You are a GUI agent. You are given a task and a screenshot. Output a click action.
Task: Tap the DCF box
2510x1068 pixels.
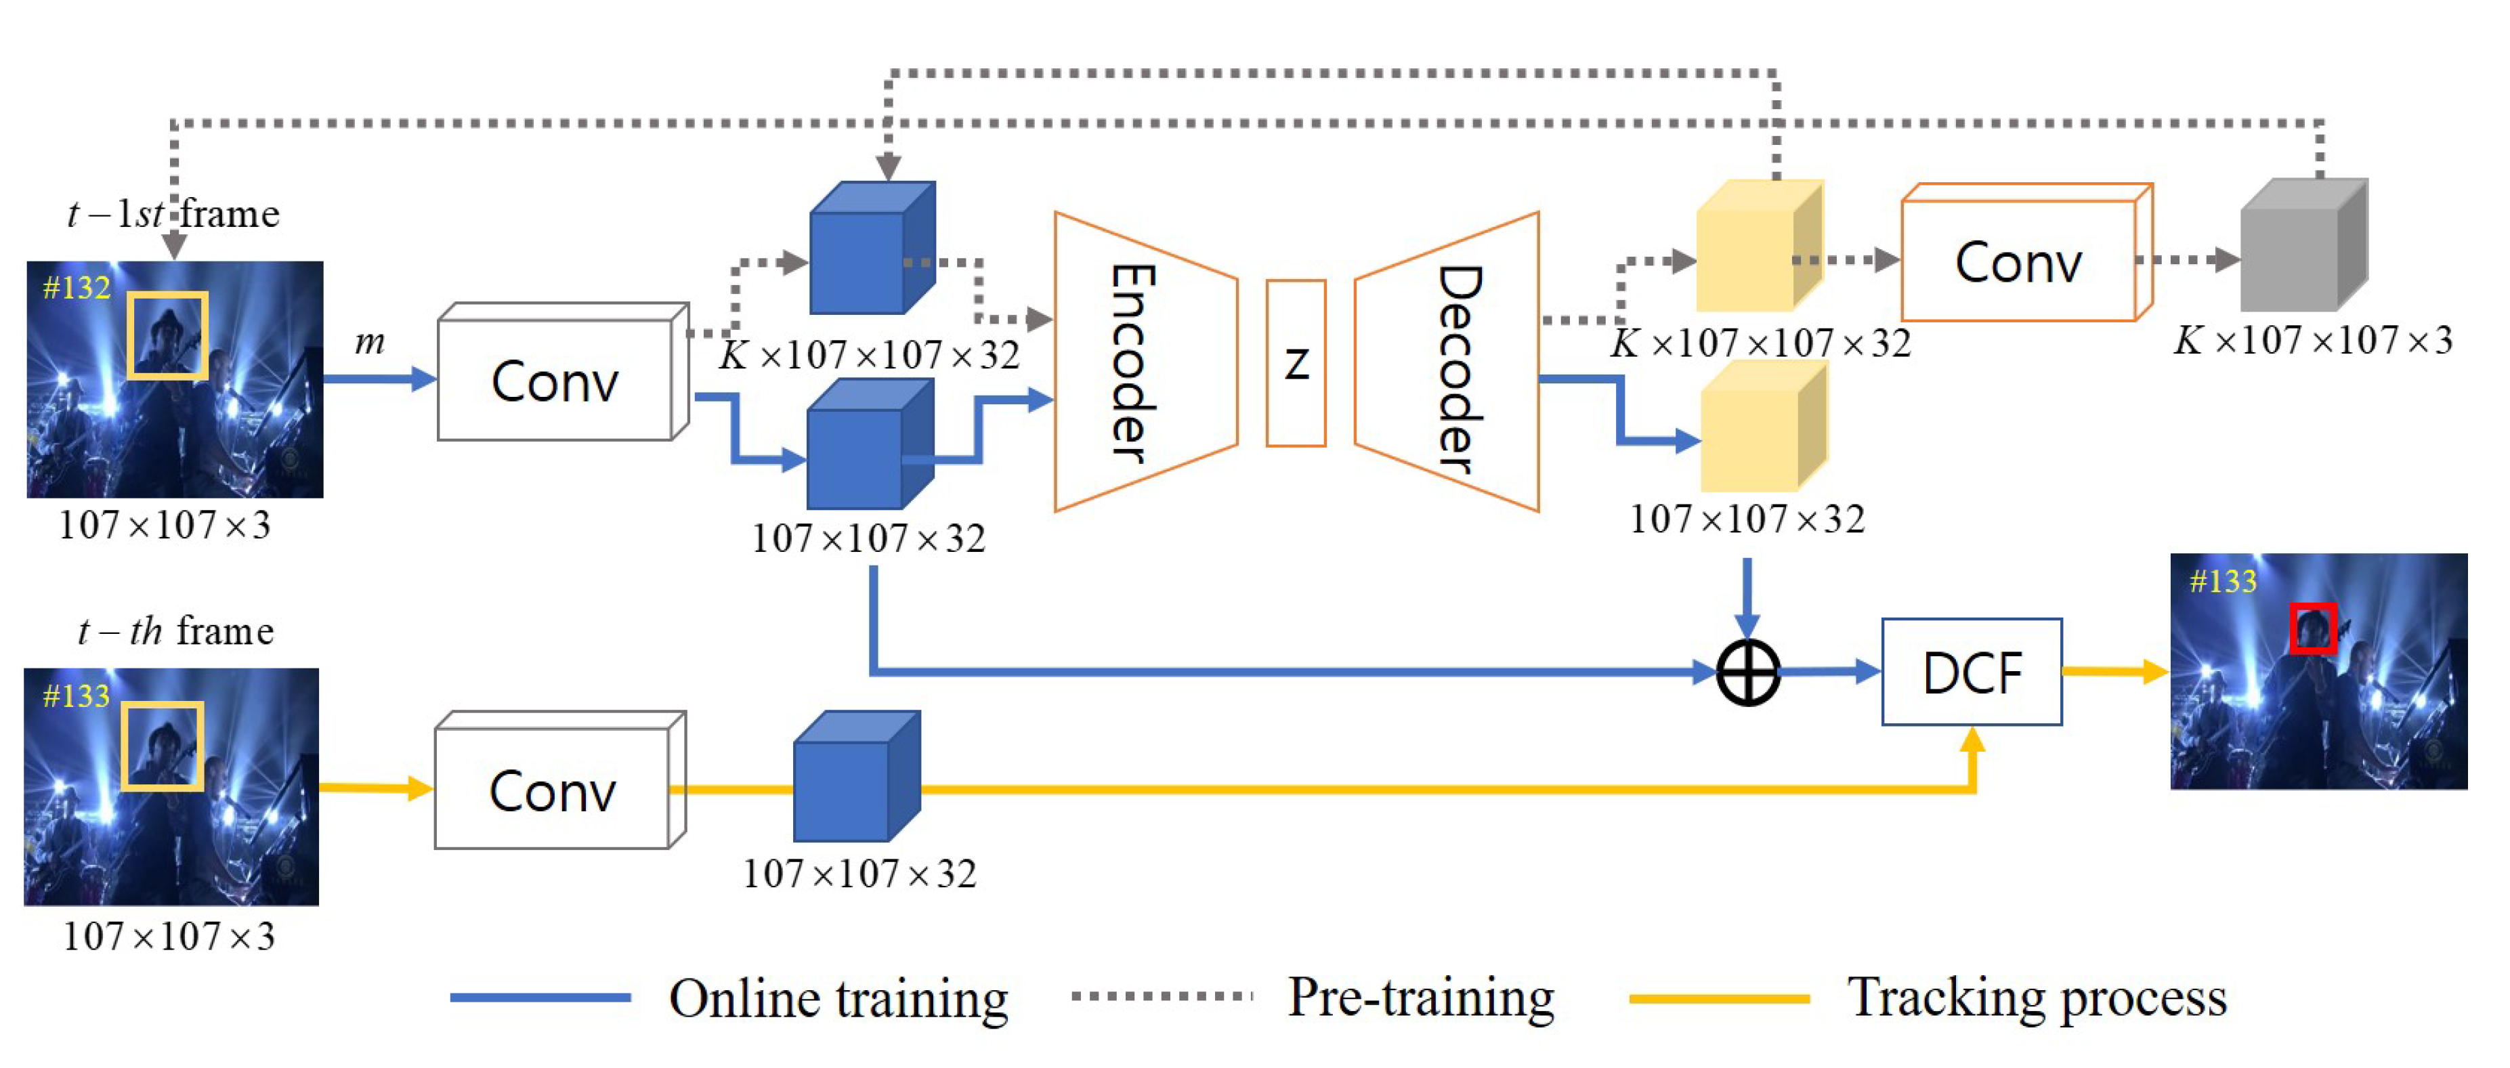(x=1971, y=672)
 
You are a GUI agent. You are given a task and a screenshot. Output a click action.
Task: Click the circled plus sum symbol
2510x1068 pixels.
(x=1747, y=672)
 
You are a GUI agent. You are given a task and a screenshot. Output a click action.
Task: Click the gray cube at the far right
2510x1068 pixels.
(x=2299, y=249)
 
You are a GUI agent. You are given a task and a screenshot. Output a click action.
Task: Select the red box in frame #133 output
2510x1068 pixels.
(x=2312, y=628)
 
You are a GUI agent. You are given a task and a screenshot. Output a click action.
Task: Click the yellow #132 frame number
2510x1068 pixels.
(x=76, y=287)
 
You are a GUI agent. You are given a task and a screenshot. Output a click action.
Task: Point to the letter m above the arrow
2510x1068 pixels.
(x=369, y=342)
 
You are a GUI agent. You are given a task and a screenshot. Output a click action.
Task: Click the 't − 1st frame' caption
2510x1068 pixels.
(x=173, y=213)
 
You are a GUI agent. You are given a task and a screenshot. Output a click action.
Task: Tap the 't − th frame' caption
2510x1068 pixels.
(x=175, y=631)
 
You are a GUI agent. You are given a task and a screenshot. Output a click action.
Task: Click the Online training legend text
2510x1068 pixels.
(x=838, y=998)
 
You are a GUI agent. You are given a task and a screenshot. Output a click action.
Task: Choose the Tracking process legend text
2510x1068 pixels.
(x=2037, y=997)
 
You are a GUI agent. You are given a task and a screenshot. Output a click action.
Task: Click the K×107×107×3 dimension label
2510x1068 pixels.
(x=2313, y=340)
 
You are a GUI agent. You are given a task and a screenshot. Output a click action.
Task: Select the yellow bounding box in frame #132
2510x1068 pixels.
(x=167, y=335)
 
